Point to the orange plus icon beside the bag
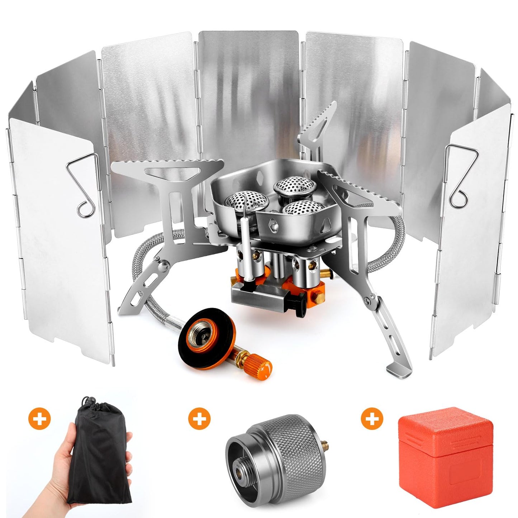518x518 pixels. [39, 418]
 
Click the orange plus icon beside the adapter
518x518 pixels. [199, 418]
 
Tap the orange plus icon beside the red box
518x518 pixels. [372, 418]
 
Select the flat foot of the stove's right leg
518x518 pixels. [399, 370]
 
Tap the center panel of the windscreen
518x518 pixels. [248, 90]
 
